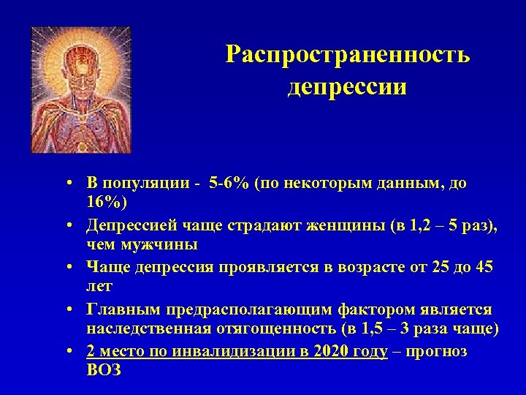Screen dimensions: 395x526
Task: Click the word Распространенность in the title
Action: (348, 55)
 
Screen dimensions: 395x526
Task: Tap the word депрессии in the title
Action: (347, 87)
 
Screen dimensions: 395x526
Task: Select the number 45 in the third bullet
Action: (484, 268)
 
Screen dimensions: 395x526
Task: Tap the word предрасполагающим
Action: (243, 310)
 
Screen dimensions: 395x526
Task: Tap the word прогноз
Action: (437, 351)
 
